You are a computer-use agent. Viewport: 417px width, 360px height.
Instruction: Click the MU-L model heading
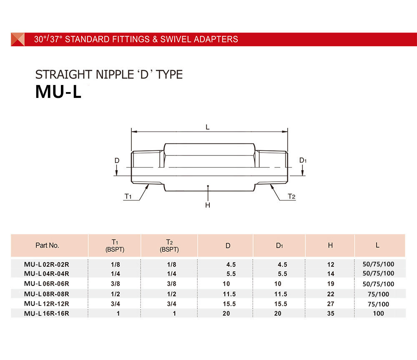[x=58, y=92]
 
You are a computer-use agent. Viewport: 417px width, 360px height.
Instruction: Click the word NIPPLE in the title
[x=115, y=75]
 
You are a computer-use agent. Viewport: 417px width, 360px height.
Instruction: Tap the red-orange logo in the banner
[x=18, y=39]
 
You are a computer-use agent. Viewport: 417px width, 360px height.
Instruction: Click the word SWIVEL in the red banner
[x=176, y=39]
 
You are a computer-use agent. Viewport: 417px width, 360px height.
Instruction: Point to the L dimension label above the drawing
[x=208, y=127]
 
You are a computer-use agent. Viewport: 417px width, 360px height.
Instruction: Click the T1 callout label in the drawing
[x=128, y=196]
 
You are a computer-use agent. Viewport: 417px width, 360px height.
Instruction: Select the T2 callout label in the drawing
[x=291, y=196]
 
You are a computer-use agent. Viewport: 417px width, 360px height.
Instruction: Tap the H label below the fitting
[x=208, y=205]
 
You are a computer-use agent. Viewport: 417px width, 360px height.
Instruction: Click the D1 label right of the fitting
[x=303, y=160]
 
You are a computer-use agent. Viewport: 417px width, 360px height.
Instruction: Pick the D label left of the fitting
[x=117, y=160]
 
